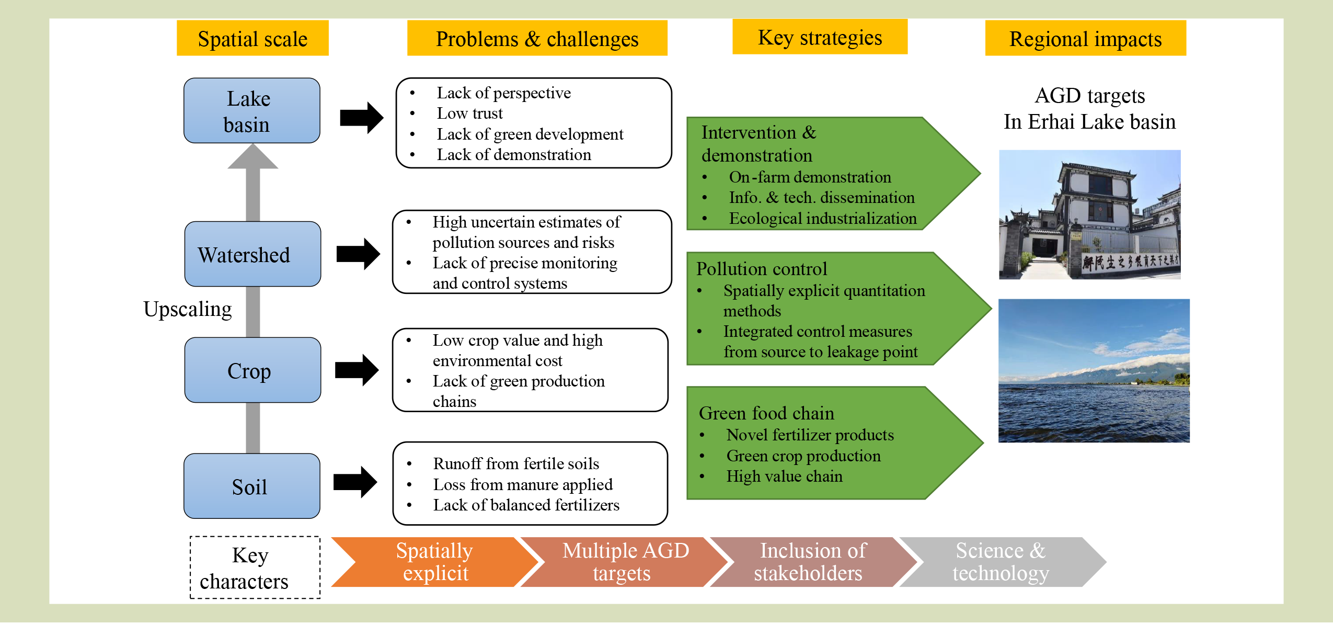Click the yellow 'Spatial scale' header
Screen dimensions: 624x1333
(252, 39)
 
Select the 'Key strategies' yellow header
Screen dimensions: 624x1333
(820, 37)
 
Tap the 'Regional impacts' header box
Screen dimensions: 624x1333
(1085, 39)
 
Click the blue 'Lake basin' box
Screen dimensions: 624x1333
(252, 111)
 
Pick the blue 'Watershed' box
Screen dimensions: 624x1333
(252, 254)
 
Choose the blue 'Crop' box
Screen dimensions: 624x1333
(252, 370)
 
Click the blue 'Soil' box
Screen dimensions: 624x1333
(252, 486)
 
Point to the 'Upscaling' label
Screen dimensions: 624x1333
(188, 309)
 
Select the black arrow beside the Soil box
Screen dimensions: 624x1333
(355, 482)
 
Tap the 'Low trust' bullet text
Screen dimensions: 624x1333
(469, 114)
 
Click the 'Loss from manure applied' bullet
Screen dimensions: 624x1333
(523, 484)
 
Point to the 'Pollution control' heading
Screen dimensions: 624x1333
(762, 269)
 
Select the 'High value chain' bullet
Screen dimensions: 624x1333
(784, 476)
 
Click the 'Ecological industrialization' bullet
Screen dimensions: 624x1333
(822, 219)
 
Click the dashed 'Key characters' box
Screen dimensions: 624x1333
(255, 568)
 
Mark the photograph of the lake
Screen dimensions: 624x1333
(1094, 371)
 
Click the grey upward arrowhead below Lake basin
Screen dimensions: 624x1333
(252, 157)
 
